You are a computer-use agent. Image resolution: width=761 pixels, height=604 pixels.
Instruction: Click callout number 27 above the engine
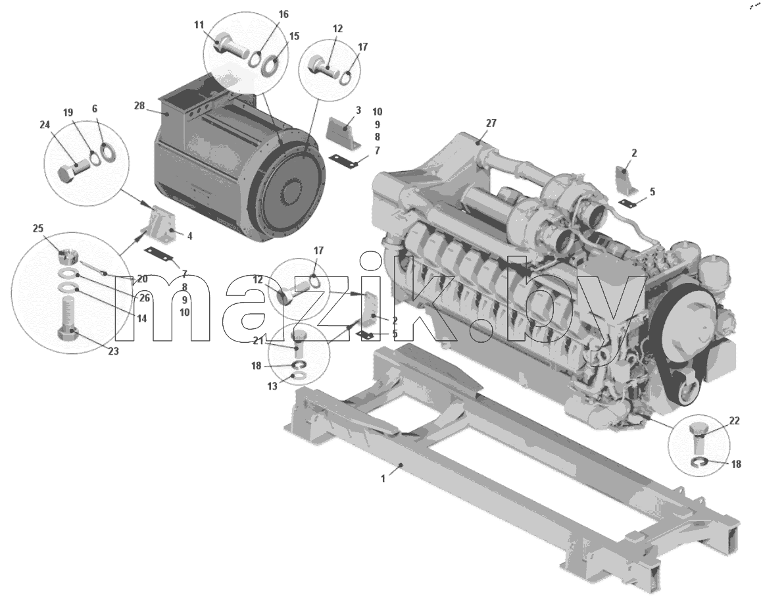(491, 123)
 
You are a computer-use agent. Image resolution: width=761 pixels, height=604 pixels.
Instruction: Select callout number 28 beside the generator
(139, 105)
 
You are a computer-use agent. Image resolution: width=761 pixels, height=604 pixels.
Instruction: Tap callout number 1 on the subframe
(382, 479)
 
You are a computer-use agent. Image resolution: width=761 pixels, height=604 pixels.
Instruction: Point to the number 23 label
(113, 351)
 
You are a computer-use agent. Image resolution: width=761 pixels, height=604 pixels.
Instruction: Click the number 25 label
(38, 229)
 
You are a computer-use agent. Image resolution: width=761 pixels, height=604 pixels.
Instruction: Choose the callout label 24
(45, 125)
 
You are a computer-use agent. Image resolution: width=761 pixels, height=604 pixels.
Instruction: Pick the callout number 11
(199, 25)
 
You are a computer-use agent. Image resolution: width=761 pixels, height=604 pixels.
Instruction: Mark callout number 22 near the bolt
(734, 420)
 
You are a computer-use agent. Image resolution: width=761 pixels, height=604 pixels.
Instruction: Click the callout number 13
(272, 386)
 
